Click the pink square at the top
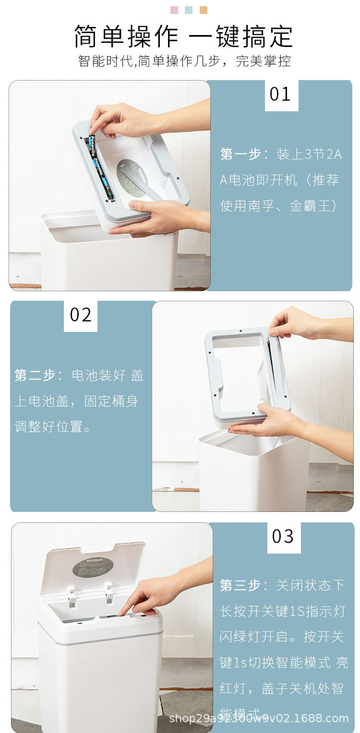coord(174,10)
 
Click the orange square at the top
coord(204,10)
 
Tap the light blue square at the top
coord(189,10)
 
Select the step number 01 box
coord(281,95)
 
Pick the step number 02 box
coord(81,315)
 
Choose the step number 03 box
coord(283,536)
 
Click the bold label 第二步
coord(35,375)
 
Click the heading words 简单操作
coord(126,36)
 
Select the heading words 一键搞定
coord(240,36)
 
